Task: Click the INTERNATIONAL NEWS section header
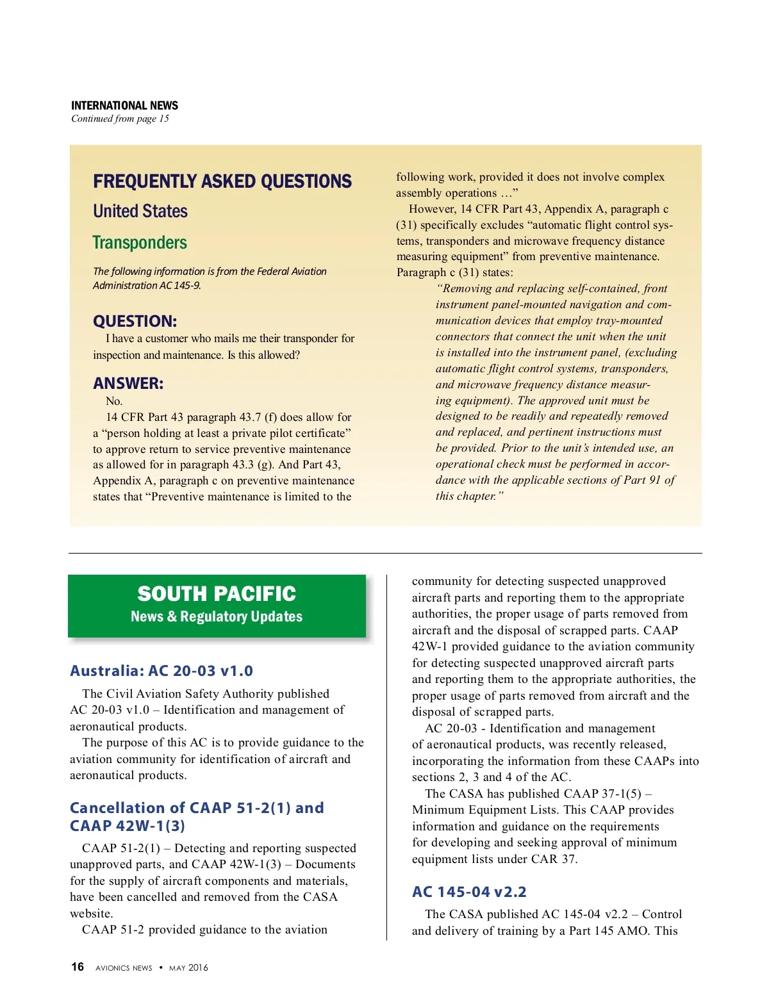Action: pos(124,106)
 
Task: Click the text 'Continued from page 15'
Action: pos(120,119)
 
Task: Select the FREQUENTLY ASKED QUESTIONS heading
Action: pos(222,181)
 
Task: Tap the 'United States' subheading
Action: pos(140,211)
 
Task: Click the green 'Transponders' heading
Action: pos(140,243)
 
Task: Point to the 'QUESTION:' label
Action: pos(135,321)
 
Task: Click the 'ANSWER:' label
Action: pos(128,383)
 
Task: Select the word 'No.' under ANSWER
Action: pos(114,401)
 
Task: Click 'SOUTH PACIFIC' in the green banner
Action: pos(217,594)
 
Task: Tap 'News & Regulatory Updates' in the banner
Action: pos(217,616)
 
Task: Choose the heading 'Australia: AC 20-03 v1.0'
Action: pos(161,671)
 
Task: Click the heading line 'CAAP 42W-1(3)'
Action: pos(128,826)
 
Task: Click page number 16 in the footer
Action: pos(78,967)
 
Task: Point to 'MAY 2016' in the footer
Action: pos(188,968)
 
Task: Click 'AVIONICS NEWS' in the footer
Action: pos(124,968)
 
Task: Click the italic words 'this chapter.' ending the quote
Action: pos(469,496)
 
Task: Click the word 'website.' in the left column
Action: pos(91,914)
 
